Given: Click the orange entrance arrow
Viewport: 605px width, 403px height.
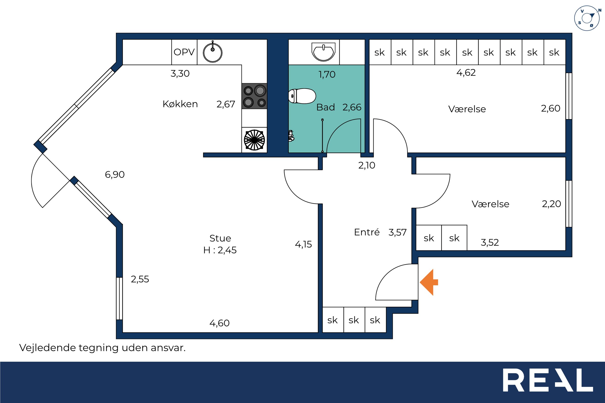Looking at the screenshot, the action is tap(429, 282).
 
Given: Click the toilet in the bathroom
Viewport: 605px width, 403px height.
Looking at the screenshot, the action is tap(302, 96).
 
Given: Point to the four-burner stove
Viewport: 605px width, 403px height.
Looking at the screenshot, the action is tap(254, 96).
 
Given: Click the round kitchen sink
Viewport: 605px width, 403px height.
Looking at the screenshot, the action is tap(213, 52).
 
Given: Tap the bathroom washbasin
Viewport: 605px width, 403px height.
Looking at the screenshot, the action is tap(323, 52).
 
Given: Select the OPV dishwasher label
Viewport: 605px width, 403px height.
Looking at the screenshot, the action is tap(184, 52).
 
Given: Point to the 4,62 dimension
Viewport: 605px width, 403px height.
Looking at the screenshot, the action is tap(466, 73).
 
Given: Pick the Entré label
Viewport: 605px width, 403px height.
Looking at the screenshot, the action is tap(367, 232).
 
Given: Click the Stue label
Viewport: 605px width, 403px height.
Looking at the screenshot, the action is tap(220, 238).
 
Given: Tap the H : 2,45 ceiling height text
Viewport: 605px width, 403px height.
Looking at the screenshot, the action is tap(220, 250).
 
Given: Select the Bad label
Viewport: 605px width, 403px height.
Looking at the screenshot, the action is tap(326, 107).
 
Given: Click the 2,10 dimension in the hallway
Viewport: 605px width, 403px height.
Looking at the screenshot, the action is tap(367, 165).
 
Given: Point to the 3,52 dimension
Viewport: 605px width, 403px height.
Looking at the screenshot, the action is tap(490, 242).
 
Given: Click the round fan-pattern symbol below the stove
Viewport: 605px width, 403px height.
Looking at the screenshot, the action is tap(254, 140).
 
